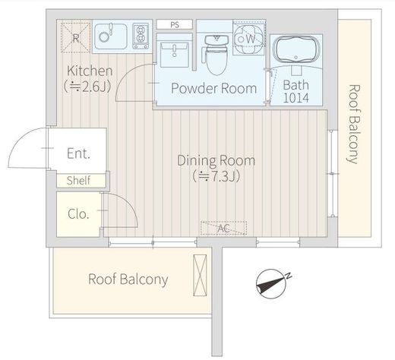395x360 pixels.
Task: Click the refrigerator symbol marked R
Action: click(x=75, y=38)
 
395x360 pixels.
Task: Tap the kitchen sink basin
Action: click(x=111, y=36)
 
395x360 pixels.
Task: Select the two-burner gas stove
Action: click(x=141, y=36)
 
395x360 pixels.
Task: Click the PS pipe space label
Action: click(x=175, y=24)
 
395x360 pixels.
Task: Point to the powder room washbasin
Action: click(x=174, y=55)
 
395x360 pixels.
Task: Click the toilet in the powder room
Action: click(x=216, y=55)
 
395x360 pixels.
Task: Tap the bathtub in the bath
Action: click(x=296, y=50)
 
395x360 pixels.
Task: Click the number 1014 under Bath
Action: click(x=296, y=98)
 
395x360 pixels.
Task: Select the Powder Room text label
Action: click(x=214, y=88)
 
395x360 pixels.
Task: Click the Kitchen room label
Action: click(x=90, y=71)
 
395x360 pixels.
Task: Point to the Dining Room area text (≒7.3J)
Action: click(x=216, y=177)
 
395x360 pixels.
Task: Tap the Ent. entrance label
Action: click(x=78, y=153)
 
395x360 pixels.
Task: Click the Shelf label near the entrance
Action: click(x=78, y=181)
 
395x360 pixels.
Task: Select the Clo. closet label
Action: click(x=78, y=214)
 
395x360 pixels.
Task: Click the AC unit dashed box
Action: click(x=223, y=228)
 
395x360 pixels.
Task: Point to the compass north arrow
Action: click(x=272, y=284)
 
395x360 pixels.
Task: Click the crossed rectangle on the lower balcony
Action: click(x=200, y=275)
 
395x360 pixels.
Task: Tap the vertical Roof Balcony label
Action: click(x=353, y=124)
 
